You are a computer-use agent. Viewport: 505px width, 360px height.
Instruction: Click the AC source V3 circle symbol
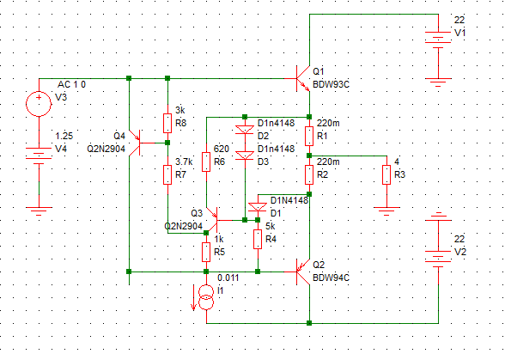point(39,104)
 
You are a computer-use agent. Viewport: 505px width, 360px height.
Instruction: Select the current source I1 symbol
point(206,297)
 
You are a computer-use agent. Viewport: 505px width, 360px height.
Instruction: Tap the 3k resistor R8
point(167,123)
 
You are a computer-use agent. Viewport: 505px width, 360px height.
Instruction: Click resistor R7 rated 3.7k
point(167,174)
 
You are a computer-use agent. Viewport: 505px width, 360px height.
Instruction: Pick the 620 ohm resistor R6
point(206,162)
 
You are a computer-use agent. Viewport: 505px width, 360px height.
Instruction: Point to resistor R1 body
point(309,136)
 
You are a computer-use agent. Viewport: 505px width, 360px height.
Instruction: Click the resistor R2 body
point(309,174)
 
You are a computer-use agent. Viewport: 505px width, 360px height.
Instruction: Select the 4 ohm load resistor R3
point(386,174)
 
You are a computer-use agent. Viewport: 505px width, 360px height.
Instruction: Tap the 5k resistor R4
point(258,239)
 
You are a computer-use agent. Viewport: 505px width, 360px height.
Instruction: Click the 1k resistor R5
point(206,252)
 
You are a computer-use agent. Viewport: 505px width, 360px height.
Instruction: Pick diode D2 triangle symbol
point(245,130)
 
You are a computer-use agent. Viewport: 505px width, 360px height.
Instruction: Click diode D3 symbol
point(245,156)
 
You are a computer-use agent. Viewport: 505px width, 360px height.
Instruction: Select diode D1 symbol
point(258,207)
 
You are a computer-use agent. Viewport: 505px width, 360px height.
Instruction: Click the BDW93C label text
point(332,84)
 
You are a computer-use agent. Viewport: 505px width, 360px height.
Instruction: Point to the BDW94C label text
point(332,278)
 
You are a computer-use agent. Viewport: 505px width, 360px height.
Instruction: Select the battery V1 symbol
point(438,40)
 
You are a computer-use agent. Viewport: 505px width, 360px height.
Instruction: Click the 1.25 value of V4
point(64,136)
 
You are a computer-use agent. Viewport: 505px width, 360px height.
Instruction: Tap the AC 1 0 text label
point(71,84)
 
